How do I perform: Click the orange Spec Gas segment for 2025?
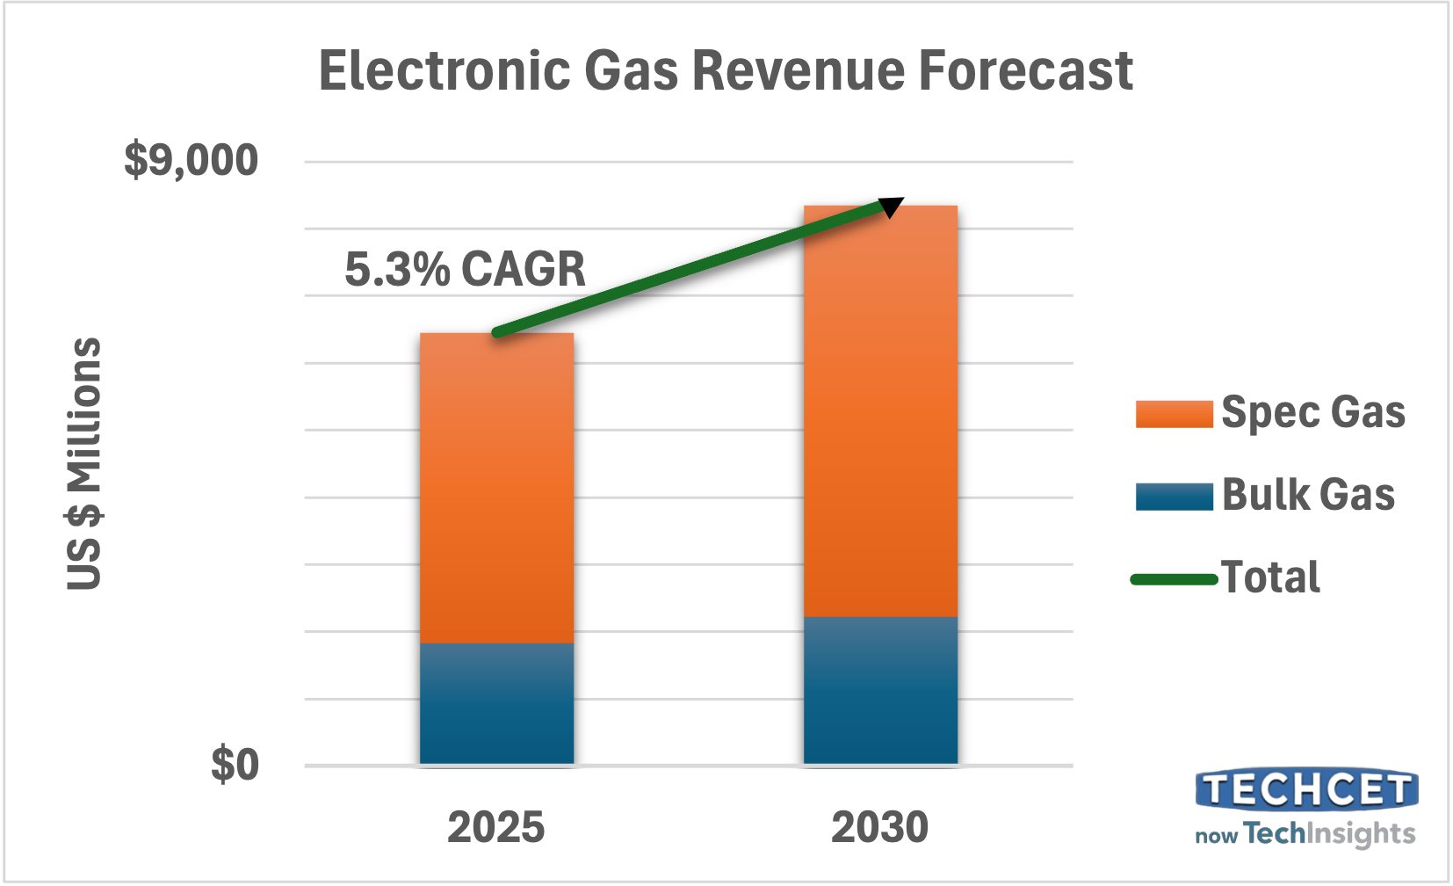point(496,488)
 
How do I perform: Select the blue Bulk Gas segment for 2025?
point(496,703)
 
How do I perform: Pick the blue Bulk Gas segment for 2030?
point(880,690)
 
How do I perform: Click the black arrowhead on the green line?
point(891,207)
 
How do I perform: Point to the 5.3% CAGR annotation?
point(465,269)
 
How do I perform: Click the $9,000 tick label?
point(191,160)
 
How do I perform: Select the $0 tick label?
point(235,765)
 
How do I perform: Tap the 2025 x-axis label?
point(495,827)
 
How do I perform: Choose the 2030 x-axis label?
point(879,827)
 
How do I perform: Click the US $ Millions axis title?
point(85,463)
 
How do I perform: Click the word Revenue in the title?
point(798,70)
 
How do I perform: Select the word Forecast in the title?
point(1025,70)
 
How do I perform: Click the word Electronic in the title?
point(443,70)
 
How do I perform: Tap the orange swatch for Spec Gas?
point(1174,414)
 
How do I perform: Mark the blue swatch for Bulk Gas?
point(1174,496)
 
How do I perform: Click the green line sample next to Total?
point(1174,578)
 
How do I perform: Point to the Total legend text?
point(1270,577)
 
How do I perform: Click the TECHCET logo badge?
point(1306,789)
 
